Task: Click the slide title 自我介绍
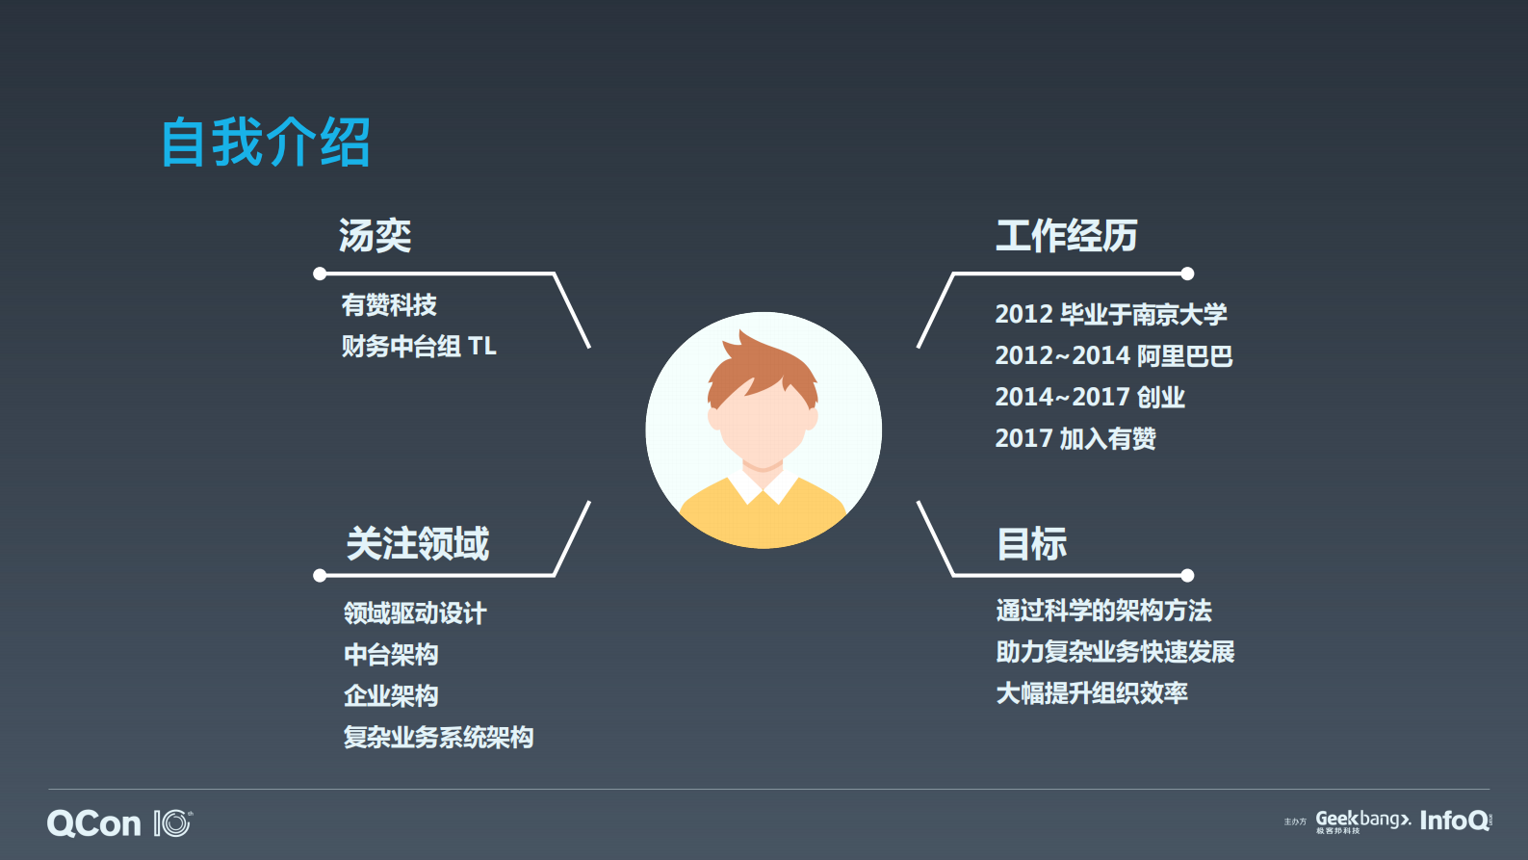tap(266, 143)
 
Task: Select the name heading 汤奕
tap(376, 236)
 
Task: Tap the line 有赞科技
tap(389, 305)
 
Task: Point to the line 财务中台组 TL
tap(419, 346)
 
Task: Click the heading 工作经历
tap(1067, 236)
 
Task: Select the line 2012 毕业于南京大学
tap(1111, 314)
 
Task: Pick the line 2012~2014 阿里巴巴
tap(1114, 355)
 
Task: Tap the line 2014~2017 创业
tap(1090, 397)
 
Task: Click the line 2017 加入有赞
tap(1075, 438)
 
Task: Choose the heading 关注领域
tap(418, 544)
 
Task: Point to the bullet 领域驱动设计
tap(415, 612)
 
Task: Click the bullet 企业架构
tap(391, 695)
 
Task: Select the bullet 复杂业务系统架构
tap(438, 737)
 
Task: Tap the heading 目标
tap(1032, 544)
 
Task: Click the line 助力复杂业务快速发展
tap(1115, 652)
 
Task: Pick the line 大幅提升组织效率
tap(1092, 693)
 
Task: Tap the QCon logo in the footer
tap(94, 823)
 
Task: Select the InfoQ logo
tap(1454, 821)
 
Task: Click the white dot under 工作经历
tap(1187, 274)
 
